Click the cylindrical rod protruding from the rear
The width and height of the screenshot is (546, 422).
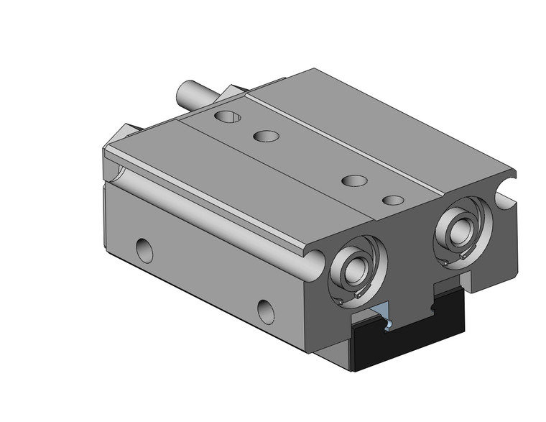tap(194, 94)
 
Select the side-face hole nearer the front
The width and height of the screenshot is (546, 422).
tap(267, 310)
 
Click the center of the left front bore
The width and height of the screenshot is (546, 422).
tap(354, 270)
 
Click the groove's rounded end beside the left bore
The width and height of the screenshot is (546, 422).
tap(315, 261)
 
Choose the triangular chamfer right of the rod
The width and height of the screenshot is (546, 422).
tap(233, 93)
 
